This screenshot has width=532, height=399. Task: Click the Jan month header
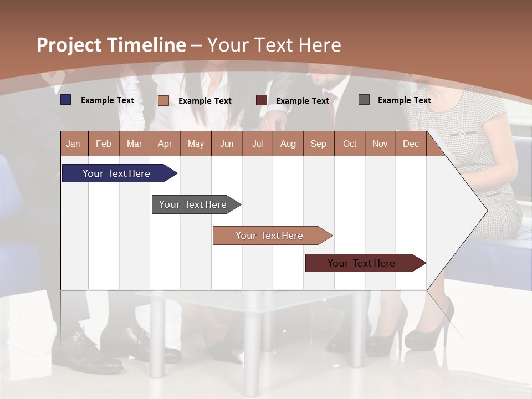[x=73, y=144]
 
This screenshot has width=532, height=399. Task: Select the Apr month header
[x=165, y=144]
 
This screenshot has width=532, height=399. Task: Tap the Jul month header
[x=257, y=144]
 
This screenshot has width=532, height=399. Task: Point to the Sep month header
[x=318, y=144]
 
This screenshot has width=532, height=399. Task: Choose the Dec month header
[x=411, y=144]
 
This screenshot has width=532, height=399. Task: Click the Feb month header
[x=104, y=144]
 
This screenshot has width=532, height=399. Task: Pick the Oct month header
[x=349, y=144]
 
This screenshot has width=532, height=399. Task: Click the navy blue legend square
[x=66, y=100]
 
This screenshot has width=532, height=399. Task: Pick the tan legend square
[x=163, y=100]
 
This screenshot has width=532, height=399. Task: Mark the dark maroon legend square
[x=262, y=100]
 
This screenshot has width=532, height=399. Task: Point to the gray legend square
[x=364, y=100]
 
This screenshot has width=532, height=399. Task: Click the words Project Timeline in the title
[x=111, y=45]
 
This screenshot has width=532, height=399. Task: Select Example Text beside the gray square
[x=404, y=100]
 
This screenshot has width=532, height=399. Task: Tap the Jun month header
[x=227, y=144]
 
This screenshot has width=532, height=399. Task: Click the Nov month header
[x=380, y=144]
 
